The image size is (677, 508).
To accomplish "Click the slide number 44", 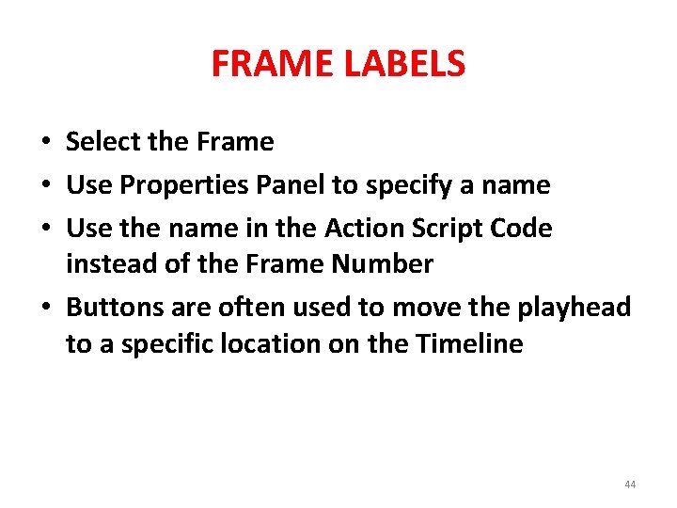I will pyautogui.click(x=629, y=484).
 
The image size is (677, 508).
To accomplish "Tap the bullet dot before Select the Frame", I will pyautogui.click(x=45, y=143).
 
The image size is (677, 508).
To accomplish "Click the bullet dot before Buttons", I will pyautogui.click(x=45, y=309).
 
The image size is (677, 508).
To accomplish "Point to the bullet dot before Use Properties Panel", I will pyautogui.click(x=45, y=186).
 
